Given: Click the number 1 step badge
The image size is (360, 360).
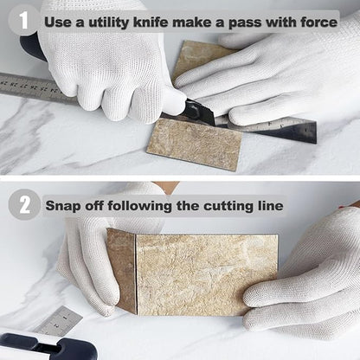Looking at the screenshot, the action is pyautogui.click(x=23, y=20).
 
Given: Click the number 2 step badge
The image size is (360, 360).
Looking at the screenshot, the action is pyautogui.click(x=24, y=205).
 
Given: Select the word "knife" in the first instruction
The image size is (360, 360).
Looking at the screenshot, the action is pyautogui.click(x=151, y=22).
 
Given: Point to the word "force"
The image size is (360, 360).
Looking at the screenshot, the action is pyautogui.click(x=319, y=22).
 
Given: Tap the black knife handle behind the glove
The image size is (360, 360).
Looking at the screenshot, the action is pyautogui.click(x=32, y=46).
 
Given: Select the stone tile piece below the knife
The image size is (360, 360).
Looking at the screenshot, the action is pyautogui.click(x=195, y=144).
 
